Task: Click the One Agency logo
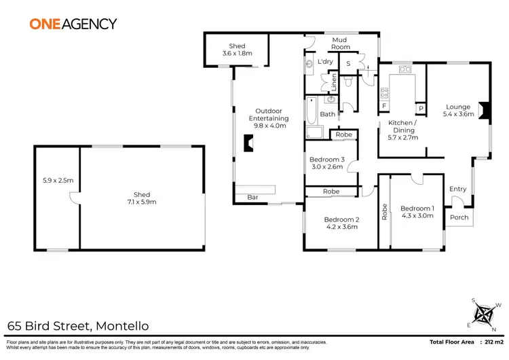(73, 23)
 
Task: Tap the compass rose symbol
(485, 314)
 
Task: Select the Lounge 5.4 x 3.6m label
(457, 111)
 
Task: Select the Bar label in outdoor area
(242, 198)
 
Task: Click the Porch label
(459, 218)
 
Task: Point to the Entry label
(458, 190)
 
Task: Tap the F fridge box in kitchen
(384, 107)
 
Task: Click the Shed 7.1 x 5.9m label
(142, 198)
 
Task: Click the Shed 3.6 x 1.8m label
(237, 50)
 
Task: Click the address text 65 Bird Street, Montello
(78, 326)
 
